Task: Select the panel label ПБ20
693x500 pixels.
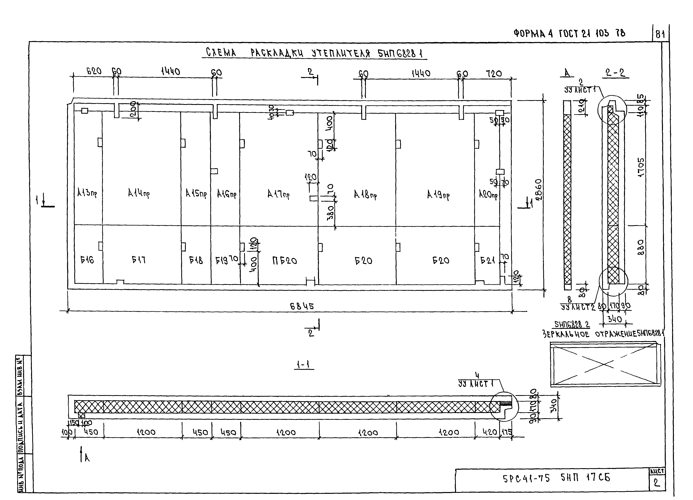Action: (285, 261)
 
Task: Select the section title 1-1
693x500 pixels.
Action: (303, 365)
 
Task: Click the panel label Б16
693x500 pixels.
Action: (87, 260)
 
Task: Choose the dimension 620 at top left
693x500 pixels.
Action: (94, 71)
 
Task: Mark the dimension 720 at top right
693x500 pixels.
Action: (494, 74)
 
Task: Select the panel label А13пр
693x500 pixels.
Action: (87, 193)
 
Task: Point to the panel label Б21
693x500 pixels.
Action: (488, 260)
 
